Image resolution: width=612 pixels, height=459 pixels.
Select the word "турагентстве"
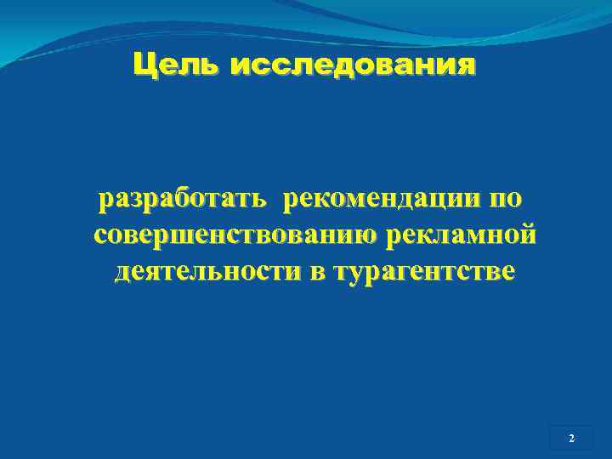click(425, 272)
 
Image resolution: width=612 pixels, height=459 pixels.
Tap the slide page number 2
click(571, 439)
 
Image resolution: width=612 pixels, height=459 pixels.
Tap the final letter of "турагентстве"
click(507, 273)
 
